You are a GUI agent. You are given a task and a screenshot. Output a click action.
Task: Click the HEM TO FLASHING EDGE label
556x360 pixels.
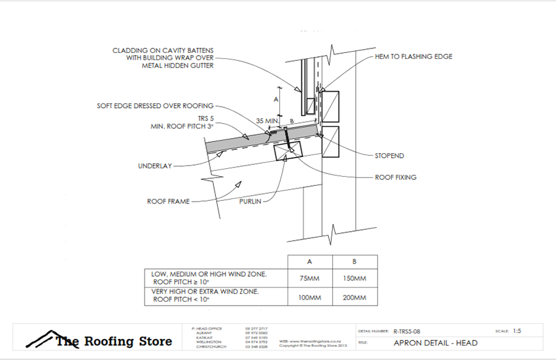(x=413, y=57)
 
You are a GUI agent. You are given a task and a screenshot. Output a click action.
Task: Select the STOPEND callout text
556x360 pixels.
(x=389, y=156)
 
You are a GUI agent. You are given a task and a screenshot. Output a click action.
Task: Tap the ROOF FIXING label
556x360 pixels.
(x=395, y=177)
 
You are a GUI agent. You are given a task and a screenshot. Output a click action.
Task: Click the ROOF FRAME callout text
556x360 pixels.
(x=168, y=202)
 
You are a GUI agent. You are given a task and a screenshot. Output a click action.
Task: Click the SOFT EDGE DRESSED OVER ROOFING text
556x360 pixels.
(x=155, y=105)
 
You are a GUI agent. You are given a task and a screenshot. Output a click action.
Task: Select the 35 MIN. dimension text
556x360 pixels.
(x=268, y=121)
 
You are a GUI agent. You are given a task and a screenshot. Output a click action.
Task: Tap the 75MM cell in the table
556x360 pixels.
(x=307, y=278)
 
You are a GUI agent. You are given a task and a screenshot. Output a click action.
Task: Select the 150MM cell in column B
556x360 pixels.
(x=355, y=278)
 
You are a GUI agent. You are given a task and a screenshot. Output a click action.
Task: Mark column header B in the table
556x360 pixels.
(x=355, y=261)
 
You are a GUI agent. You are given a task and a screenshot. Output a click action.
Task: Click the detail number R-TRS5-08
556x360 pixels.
(x=411, y=332)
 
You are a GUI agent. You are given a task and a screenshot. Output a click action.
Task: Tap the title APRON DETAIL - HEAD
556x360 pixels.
(x=436, y=343)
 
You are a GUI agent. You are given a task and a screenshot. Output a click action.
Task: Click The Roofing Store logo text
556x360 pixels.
(x=113, y=341)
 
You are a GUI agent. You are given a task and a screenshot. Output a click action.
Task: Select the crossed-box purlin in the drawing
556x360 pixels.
(x=288, y=151)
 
